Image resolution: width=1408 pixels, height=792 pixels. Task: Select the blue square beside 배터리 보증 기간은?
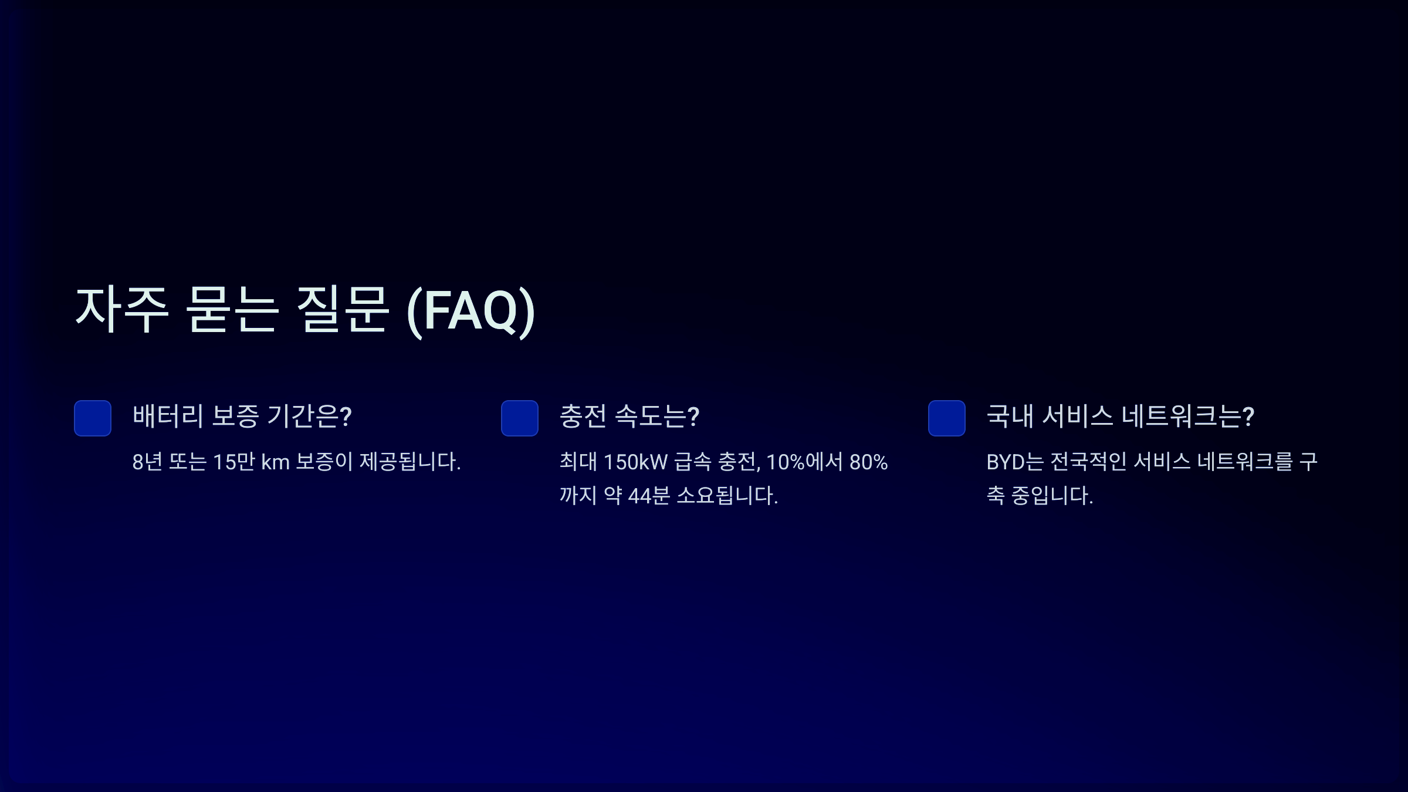[x=93, y=418]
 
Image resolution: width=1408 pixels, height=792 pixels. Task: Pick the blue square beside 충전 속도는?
[x=520, y=418]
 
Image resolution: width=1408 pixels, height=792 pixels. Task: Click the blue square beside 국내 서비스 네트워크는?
[x=947, y=418]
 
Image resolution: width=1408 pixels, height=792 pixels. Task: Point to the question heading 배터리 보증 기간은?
[x=242, y=417]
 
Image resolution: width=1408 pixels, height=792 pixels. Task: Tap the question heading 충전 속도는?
[x=629, y=417]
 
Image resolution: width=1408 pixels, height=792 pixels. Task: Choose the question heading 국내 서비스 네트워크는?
[x=1120, y=417]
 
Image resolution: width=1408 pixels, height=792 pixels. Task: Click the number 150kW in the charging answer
[x=635, y=462]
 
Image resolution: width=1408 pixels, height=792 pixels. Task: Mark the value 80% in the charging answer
[x=868, y=462]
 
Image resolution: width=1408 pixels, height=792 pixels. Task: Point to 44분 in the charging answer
[x=649, y=496]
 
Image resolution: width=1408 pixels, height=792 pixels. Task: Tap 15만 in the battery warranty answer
[x=233, y=462]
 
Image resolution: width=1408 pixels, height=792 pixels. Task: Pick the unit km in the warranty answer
[x=275, y=462]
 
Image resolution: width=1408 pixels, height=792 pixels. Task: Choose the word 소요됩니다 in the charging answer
[x=726, y=496]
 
